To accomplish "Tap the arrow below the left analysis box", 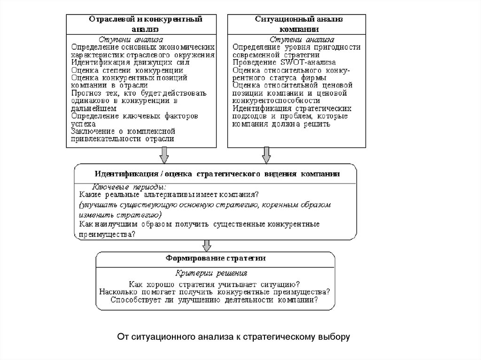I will pyautogui.click(x=163, y=154).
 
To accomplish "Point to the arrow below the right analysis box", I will pyautogui.click(x=266, y=154).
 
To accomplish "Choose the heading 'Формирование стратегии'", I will pyautogui.click(x=216, y=258).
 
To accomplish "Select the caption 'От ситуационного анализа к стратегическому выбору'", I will pyautogui.click(x=233, y=337).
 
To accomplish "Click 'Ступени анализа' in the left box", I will pyautogui.click(x=131, y=39).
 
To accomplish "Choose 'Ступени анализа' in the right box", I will pyautogui.click(x=302, y=39).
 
